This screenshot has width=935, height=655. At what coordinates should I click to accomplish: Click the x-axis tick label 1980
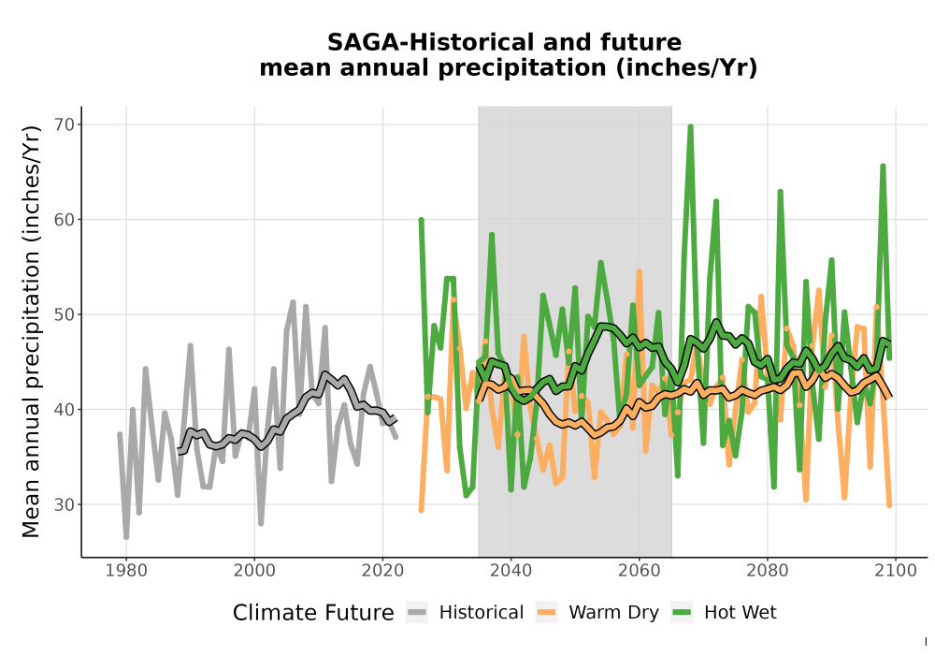(126, 571)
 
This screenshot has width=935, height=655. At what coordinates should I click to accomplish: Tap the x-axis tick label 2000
(254, 571)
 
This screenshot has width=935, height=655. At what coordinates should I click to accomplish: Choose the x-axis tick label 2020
(382, 571)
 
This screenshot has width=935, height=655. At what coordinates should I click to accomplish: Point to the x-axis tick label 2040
(511, 571)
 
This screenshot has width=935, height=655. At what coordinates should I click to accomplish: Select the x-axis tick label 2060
(640, 571)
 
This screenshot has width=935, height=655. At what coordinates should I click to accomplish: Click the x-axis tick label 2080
(768, 571)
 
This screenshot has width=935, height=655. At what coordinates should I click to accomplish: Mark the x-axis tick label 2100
(896, 571)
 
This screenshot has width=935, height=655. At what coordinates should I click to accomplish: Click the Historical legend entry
(465, 613)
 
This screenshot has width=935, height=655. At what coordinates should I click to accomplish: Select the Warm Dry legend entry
(597, 613)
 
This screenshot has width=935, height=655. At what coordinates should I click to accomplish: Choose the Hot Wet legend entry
(724, 613)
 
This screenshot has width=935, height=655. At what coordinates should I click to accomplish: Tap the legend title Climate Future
(313, 613)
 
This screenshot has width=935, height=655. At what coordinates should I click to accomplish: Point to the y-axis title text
(31, 331)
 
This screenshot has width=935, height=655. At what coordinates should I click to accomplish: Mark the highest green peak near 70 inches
(691, 126)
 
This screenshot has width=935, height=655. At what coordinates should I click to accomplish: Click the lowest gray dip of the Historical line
(126, 537)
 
